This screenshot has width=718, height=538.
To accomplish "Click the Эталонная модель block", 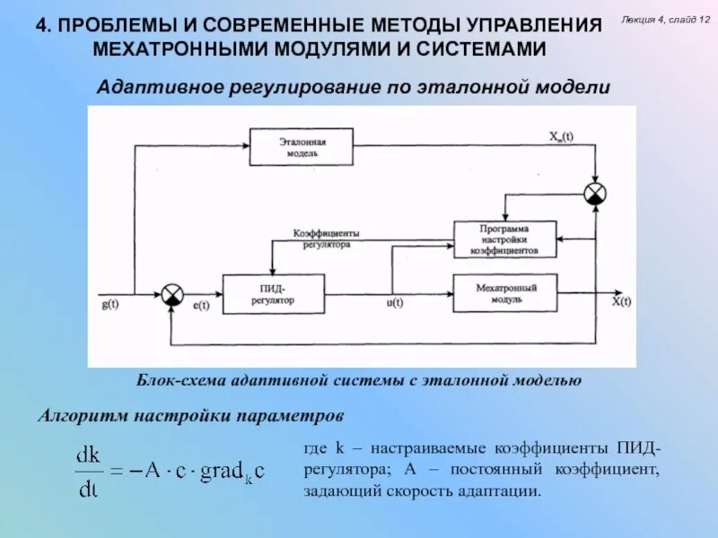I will pyautogui.click(x=301, y=147).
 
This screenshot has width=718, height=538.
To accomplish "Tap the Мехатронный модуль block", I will pyautogui.click(x=505, y=294).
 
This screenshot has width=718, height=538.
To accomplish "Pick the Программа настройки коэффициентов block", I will pyautogui.click(x=504, y=240).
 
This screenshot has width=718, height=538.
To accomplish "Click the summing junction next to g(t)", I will pyautogui.click(x=171, y=294).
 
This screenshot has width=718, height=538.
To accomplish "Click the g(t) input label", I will pyautogui.click(x=111, y=304).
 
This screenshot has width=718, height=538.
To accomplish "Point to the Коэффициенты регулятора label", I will pyautogui.click(x=327, y=239).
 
